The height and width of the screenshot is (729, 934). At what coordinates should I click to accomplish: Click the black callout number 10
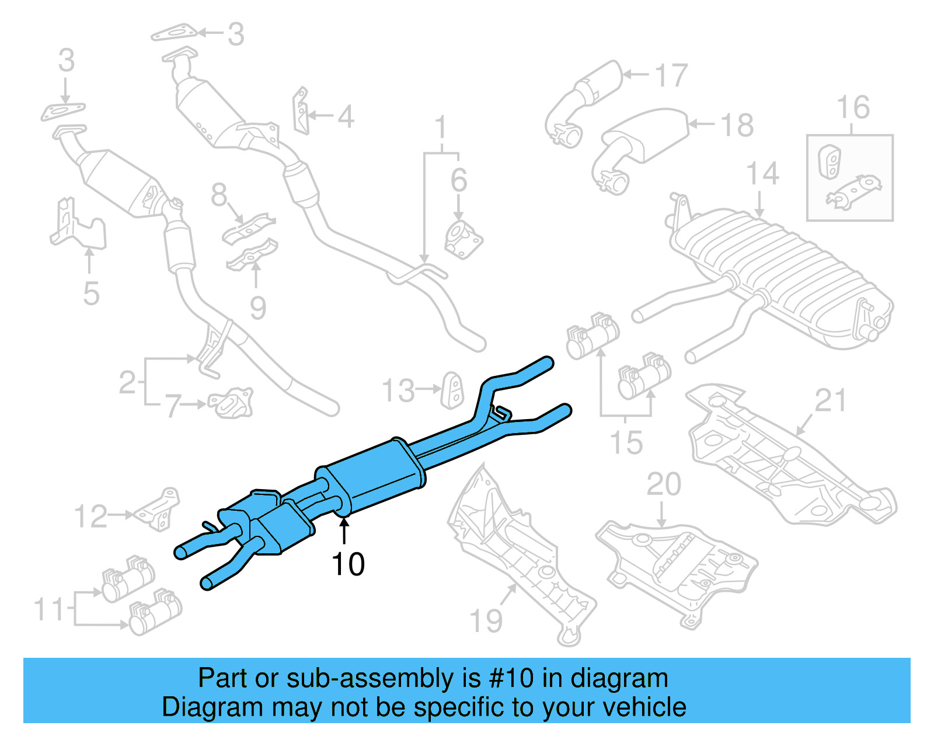[348, 564]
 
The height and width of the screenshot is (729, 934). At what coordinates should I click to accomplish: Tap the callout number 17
[671, 76]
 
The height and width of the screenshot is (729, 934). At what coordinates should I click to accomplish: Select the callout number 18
[737, 125]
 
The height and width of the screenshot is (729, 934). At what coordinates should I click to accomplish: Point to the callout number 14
[762, 174]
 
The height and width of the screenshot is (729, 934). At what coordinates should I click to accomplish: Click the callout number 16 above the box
[853, 108]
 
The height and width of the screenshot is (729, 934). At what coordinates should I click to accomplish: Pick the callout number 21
[830, 401]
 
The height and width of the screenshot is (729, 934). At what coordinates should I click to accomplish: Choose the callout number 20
[664, 484]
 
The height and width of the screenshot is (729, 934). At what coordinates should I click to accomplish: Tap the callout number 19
[486, 620]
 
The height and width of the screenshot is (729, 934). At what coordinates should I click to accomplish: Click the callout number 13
[398, 390]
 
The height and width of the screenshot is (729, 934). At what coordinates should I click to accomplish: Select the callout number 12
[91, 517]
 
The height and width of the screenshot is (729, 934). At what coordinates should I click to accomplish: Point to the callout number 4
[346, 117]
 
